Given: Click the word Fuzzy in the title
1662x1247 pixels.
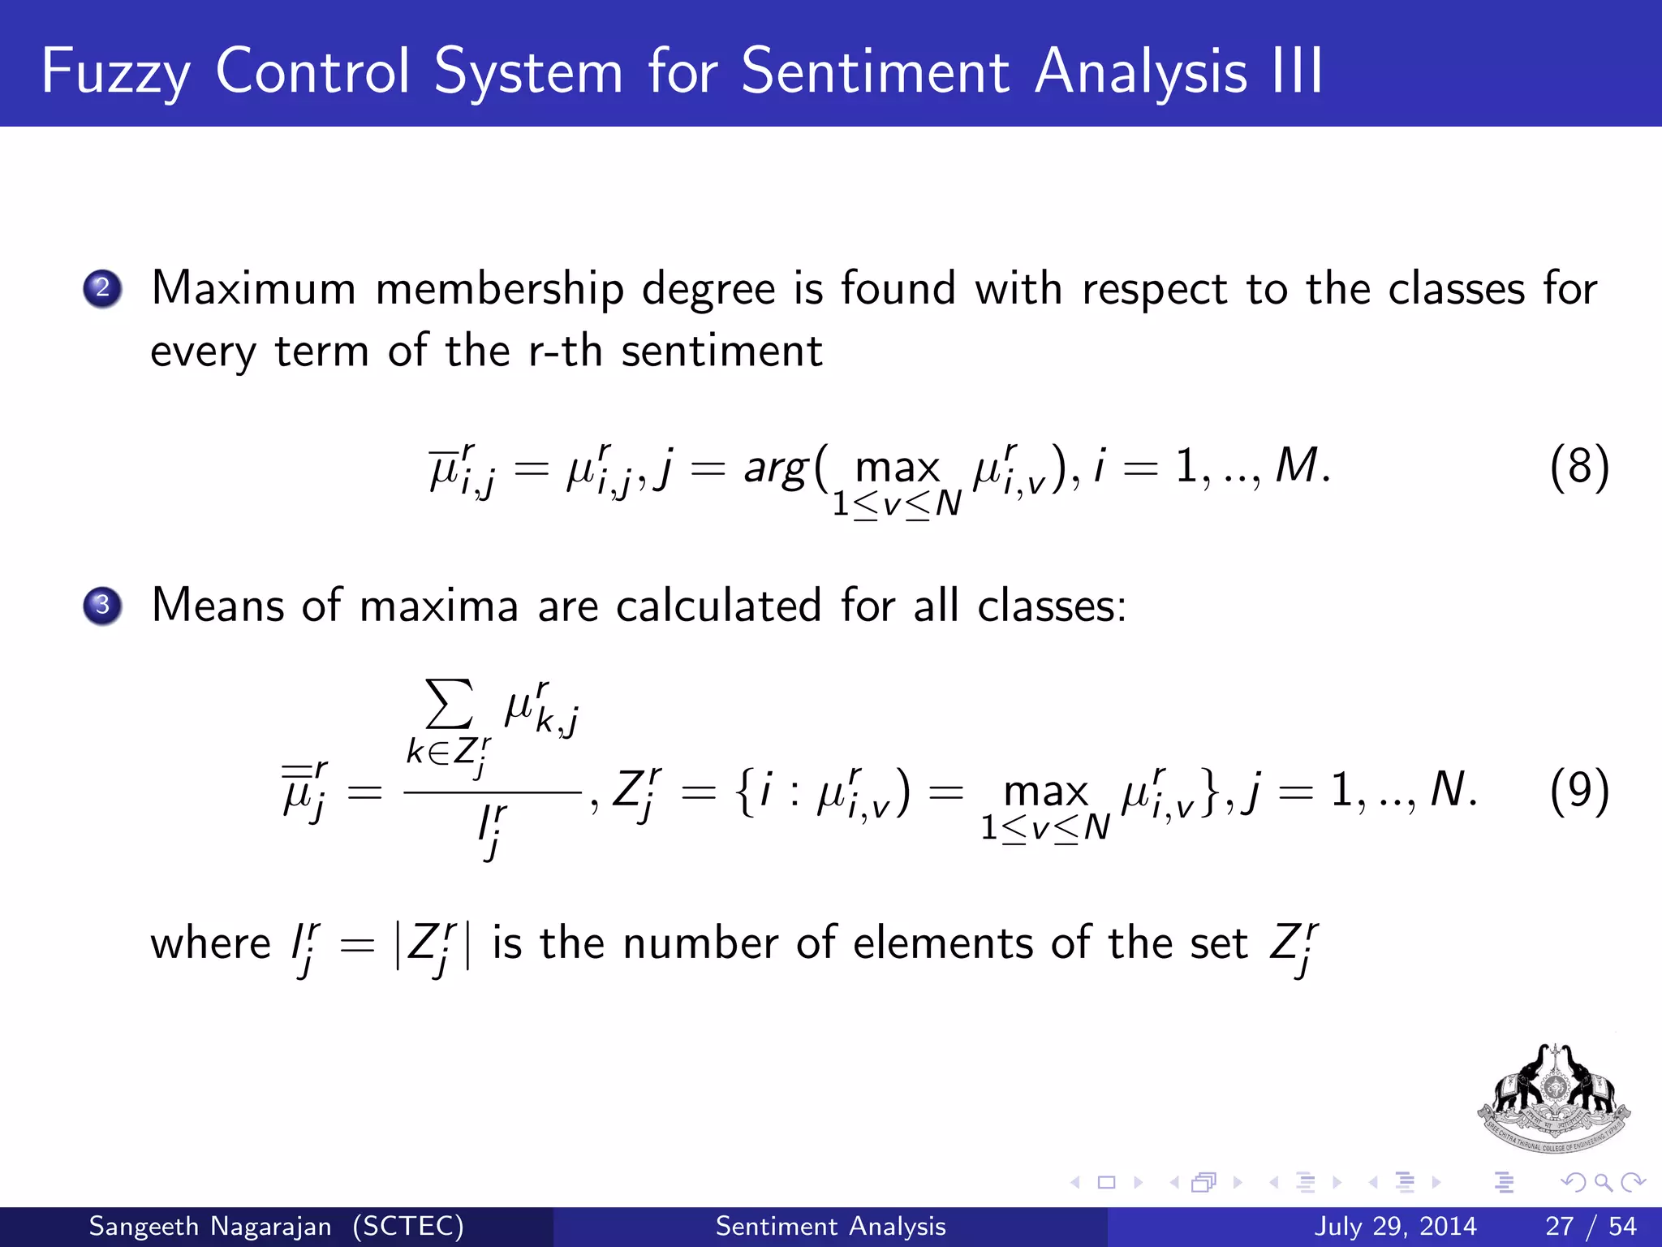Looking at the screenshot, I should (115, 71).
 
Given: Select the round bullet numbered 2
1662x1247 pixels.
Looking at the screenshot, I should (102, 288).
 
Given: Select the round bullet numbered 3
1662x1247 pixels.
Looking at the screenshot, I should (102, 606).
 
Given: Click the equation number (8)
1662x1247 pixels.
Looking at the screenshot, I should (1578, 468).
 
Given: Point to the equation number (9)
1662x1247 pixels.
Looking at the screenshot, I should (1578, 791).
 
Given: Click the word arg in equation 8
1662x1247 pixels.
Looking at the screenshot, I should (776, 469).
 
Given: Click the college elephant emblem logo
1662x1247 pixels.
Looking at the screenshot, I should (1553, 1098).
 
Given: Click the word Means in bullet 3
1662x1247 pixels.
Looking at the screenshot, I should (217, 606).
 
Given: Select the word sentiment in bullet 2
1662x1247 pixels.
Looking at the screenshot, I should (721, 352).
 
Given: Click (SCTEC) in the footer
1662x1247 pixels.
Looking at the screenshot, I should (408, 1226).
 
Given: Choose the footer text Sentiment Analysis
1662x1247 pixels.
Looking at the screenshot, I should (830, 1226).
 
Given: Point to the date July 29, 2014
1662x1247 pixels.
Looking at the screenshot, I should (1395, 1226).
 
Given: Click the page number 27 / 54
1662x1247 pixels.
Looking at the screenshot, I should (1591, 1226).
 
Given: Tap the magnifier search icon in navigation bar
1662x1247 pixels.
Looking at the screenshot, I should (1602, 1183).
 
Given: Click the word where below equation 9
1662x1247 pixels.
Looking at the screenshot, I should (210, 944).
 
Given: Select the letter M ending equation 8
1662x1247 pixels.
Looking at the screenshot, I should (1296, 467).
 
